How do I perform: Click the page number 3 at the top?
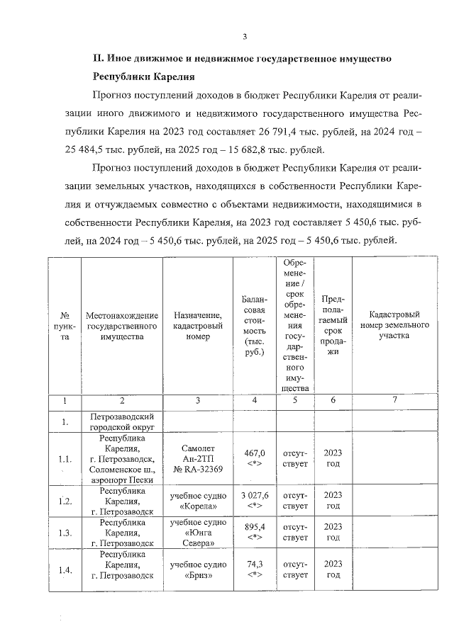pyautogui.click(x=245, y=37)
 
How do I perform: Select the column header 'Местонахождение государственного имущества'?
pyautogui.click(x=121, y=325)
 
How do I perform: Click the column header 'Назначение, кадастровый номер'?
pyautogui.click(x=198, y=325)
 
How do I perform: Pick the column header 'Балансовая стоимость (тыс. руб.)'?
pyautogui.click(x=253, y=325)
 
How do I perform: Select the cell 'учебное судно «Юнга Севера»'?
pyautogui.click(x=198, y=533)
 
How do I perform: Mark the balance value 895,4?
pyautogui.click(x=253, y=528)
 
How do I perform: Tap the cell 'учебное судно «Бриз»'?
pyautogui.click(x=198, y=569)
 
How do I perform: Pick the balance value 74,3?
pyautogui.click(x=253, y=565)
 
